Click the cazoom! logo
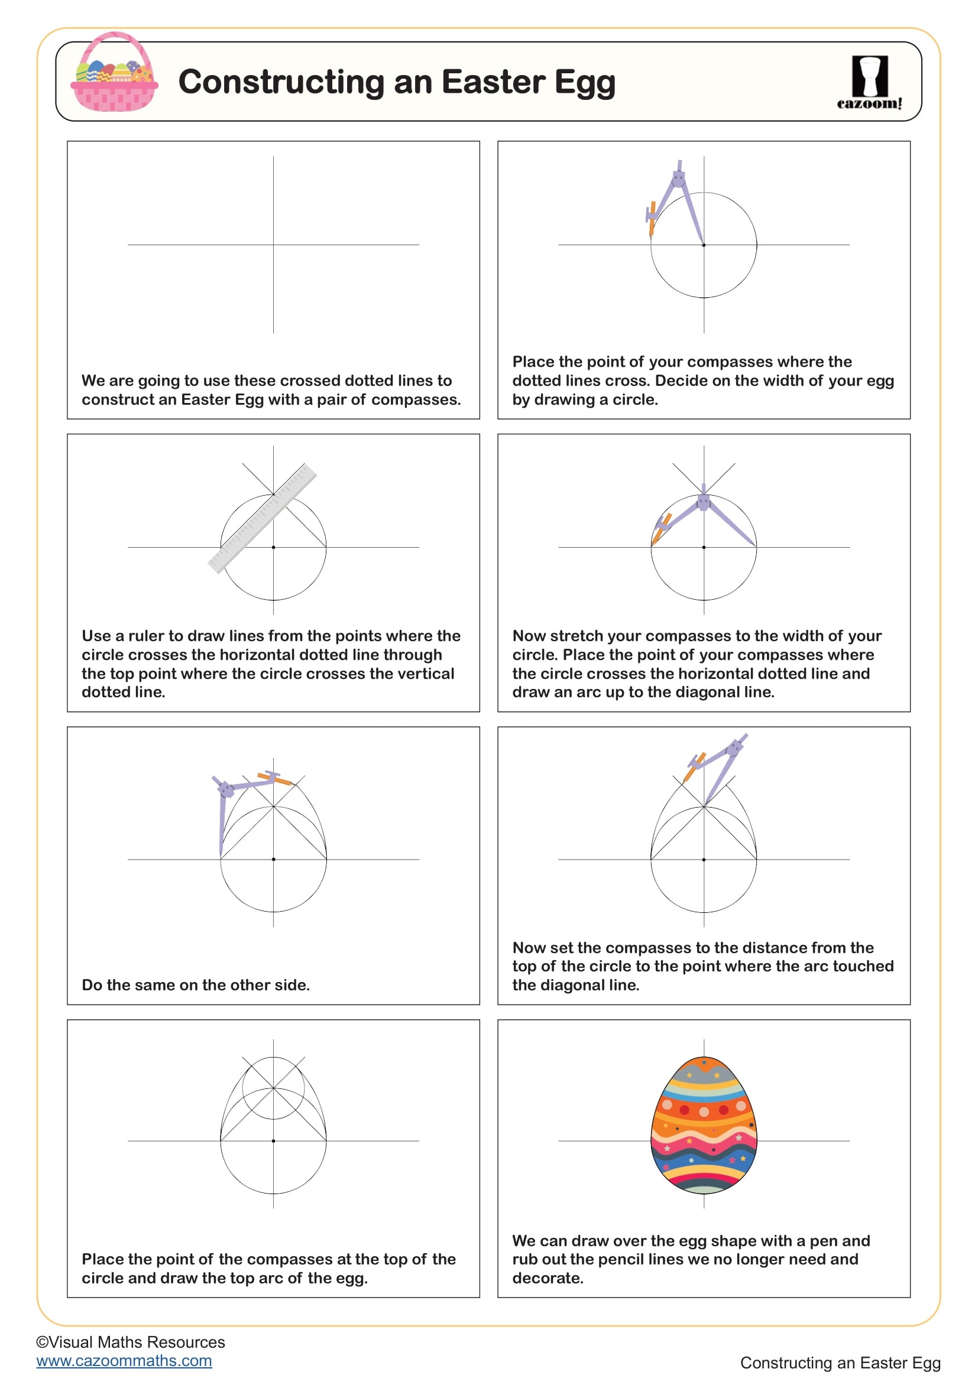tap(869, 83)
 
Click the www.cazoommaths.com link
tap(124, 1360)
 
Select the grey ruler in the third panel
tap(262, 518)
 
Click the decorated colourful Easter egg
tap(704, 1125)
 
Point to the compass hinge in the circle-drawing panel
tap(679, 178)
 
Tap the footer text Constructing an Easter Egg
tap(840, 1362)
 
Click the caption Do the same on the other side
tap(196, 985)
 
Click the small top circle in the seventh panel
tap(273, 1088)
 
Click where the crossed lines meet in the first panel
tap(273, 245)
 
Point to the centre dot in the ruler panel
tap(273, 547)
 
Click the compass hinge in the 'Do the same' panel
tap(226, 789)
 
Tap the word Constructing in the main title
tap(281, 82)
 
